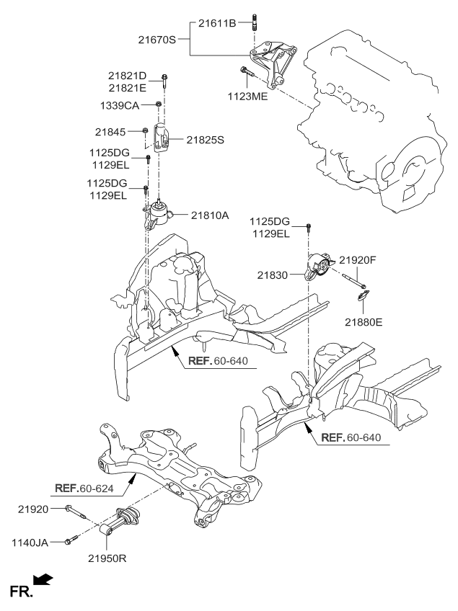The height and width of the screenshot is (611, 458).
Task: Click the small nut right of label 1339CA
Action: pyautogui.click(x=157, y=106)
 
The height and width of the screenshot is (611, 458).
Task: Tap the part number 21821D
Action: pyautogui.click(x=127, y=76)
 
